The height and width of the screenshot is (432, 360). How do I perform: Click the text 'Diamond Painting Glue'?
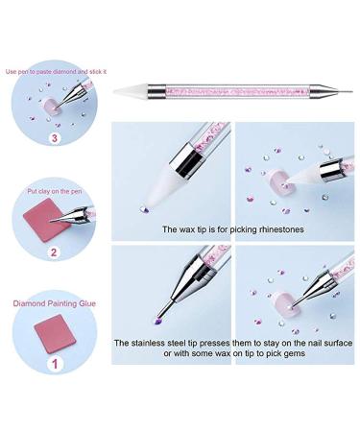(52, 300)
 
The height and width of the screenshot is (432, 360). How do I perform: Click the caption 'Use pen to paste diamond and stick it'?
(55, 71)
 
